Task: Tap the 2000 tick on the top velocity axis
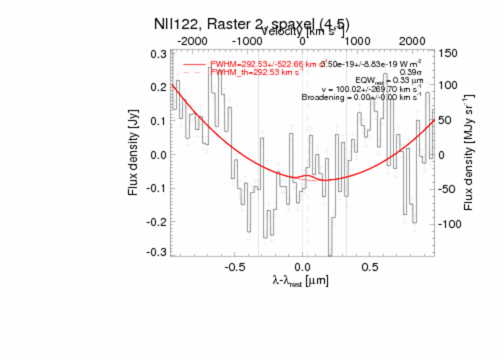coord(412,41)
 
